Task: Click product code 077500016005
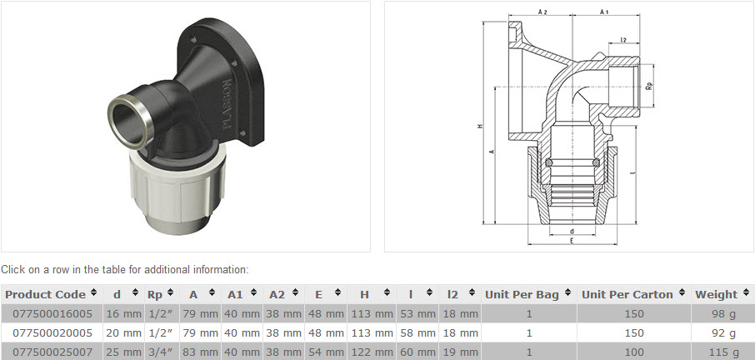point(52,313)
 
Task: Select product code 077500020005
point(52,332)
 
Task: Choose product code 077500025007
point(52,351)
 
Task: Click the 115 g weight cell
point(722,351)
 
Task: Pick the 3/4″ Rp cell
point(159,351)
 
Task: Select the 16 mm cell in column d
point(122,313)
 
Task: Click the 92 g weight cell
point(722,332)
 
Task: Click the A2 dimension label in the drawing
point(542,12)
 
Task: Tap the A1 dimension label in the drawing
point(605,12)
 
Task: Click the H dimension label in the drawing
point(481,126)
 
